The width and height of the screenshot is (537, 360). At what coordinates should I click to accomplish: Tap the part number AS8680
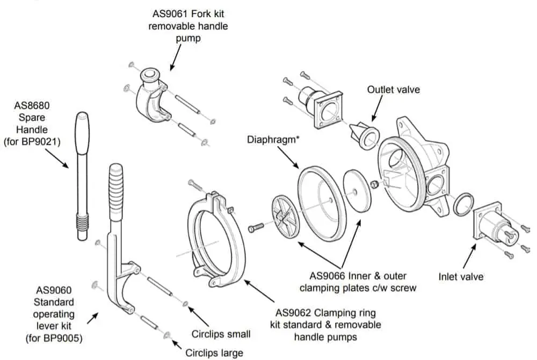point(34,105)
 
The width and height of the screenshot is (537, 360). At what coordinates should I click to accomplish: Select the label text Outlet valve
point(393,90)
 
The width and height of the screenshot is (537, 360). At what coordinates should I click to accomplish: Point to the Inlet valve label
point(461,277)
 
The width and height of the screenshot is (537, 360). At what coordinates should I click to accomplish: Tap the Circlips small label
point(221,334)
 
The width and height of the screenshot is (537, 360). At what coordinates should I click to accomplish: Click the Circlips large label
point(214,353)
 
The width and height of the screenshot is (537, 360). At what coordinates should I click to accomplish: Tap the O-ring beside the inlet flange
point(463,205)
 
